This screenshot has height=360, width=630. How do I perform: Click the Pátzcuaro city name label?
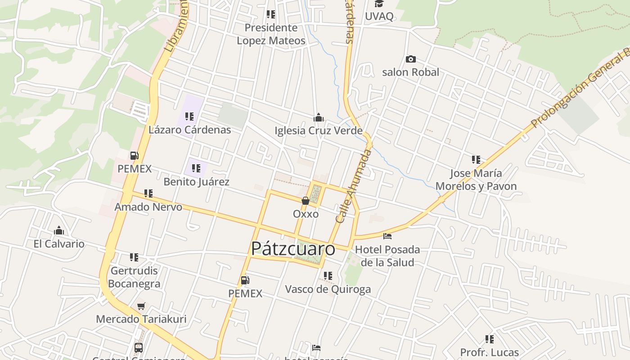pos(293,249)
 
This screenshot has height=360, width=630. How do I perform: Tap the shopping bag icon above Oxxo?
pos(306,200)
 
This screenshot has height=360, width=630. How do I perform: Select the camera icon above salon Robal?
pos(410,59)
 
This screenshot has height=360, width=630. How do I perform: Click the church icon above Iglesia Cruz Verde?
pos(319,117)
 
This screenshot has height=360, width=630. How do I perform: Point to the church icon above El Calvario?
pos(59,231)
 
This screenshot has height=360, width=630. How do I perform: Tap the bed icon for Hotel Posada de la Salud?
pos(387,236)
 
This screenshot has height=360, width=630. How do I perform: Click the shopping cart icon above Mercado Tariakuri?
pos(141,306)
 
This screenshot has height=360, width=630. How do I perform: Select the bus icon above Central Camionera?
pos(139,347)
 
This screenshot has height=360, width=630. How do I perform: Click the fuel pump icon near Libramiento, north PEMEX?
pos(134,156)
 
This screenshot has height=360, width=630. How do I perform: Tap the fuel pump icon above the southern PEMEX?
pos(245,280)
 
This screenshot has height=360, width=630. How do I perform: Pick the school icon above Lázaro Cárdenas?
pos(189,117)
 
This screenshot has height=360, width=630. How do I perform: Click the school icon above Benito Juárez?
pos(196,168)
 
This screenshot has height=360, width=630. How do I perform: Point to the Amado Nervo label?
pos(148,207)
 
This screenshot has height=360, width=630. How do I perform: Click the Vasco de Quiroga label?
pos(328,289)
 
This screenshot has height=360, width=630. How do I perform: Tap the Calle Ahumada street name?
pos(354,186)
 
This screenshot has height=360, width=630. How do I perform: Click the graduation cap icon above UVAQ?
pos(379,4)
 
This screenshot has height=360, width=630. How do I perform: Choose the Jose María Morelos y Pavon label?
pos(476,180)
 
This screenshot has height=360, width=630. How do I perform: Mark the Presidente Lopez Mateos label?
pos(271,34)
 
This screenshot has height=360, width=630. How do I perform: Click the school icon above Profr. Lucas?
pos(490,339)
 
